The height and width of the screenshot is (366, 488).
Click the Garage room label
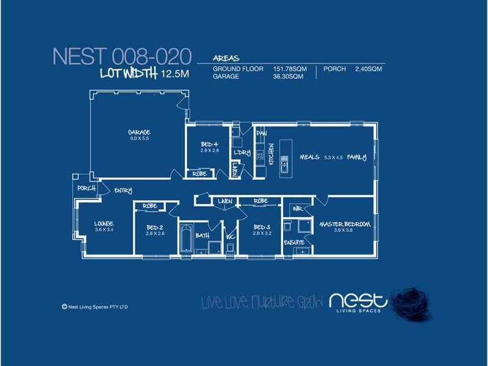(x=139, y=132)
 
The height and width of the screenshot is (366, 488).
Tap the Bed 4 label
(x=209, y=144)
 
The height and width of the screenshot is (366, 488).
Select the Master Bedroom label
(x=345, y=224)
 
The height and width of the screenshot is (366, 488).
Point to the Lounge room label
(x=104, y=223)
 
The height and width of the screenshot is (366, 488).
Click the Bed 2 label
(x=155, y=227)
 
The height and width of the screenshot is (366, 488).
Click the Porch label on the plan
(x=86, y=188)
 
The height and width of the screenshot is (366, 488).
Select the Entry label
(x=123, y=192)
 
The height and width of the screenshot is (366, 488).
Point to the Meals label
(x=310, y=157)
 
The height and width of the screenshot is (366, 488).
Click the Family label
(x=357, y=157)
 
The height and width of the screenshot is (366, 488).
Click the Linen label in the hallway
(x=222, y=200)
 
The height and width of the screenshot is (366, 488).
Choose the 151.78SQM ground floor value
(x=289, y=70)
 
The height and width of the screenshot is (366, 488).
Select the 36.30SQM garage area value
(x=287, y=77)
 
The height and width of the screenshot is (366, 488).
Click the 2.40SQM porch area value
(x=368, y=70)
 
